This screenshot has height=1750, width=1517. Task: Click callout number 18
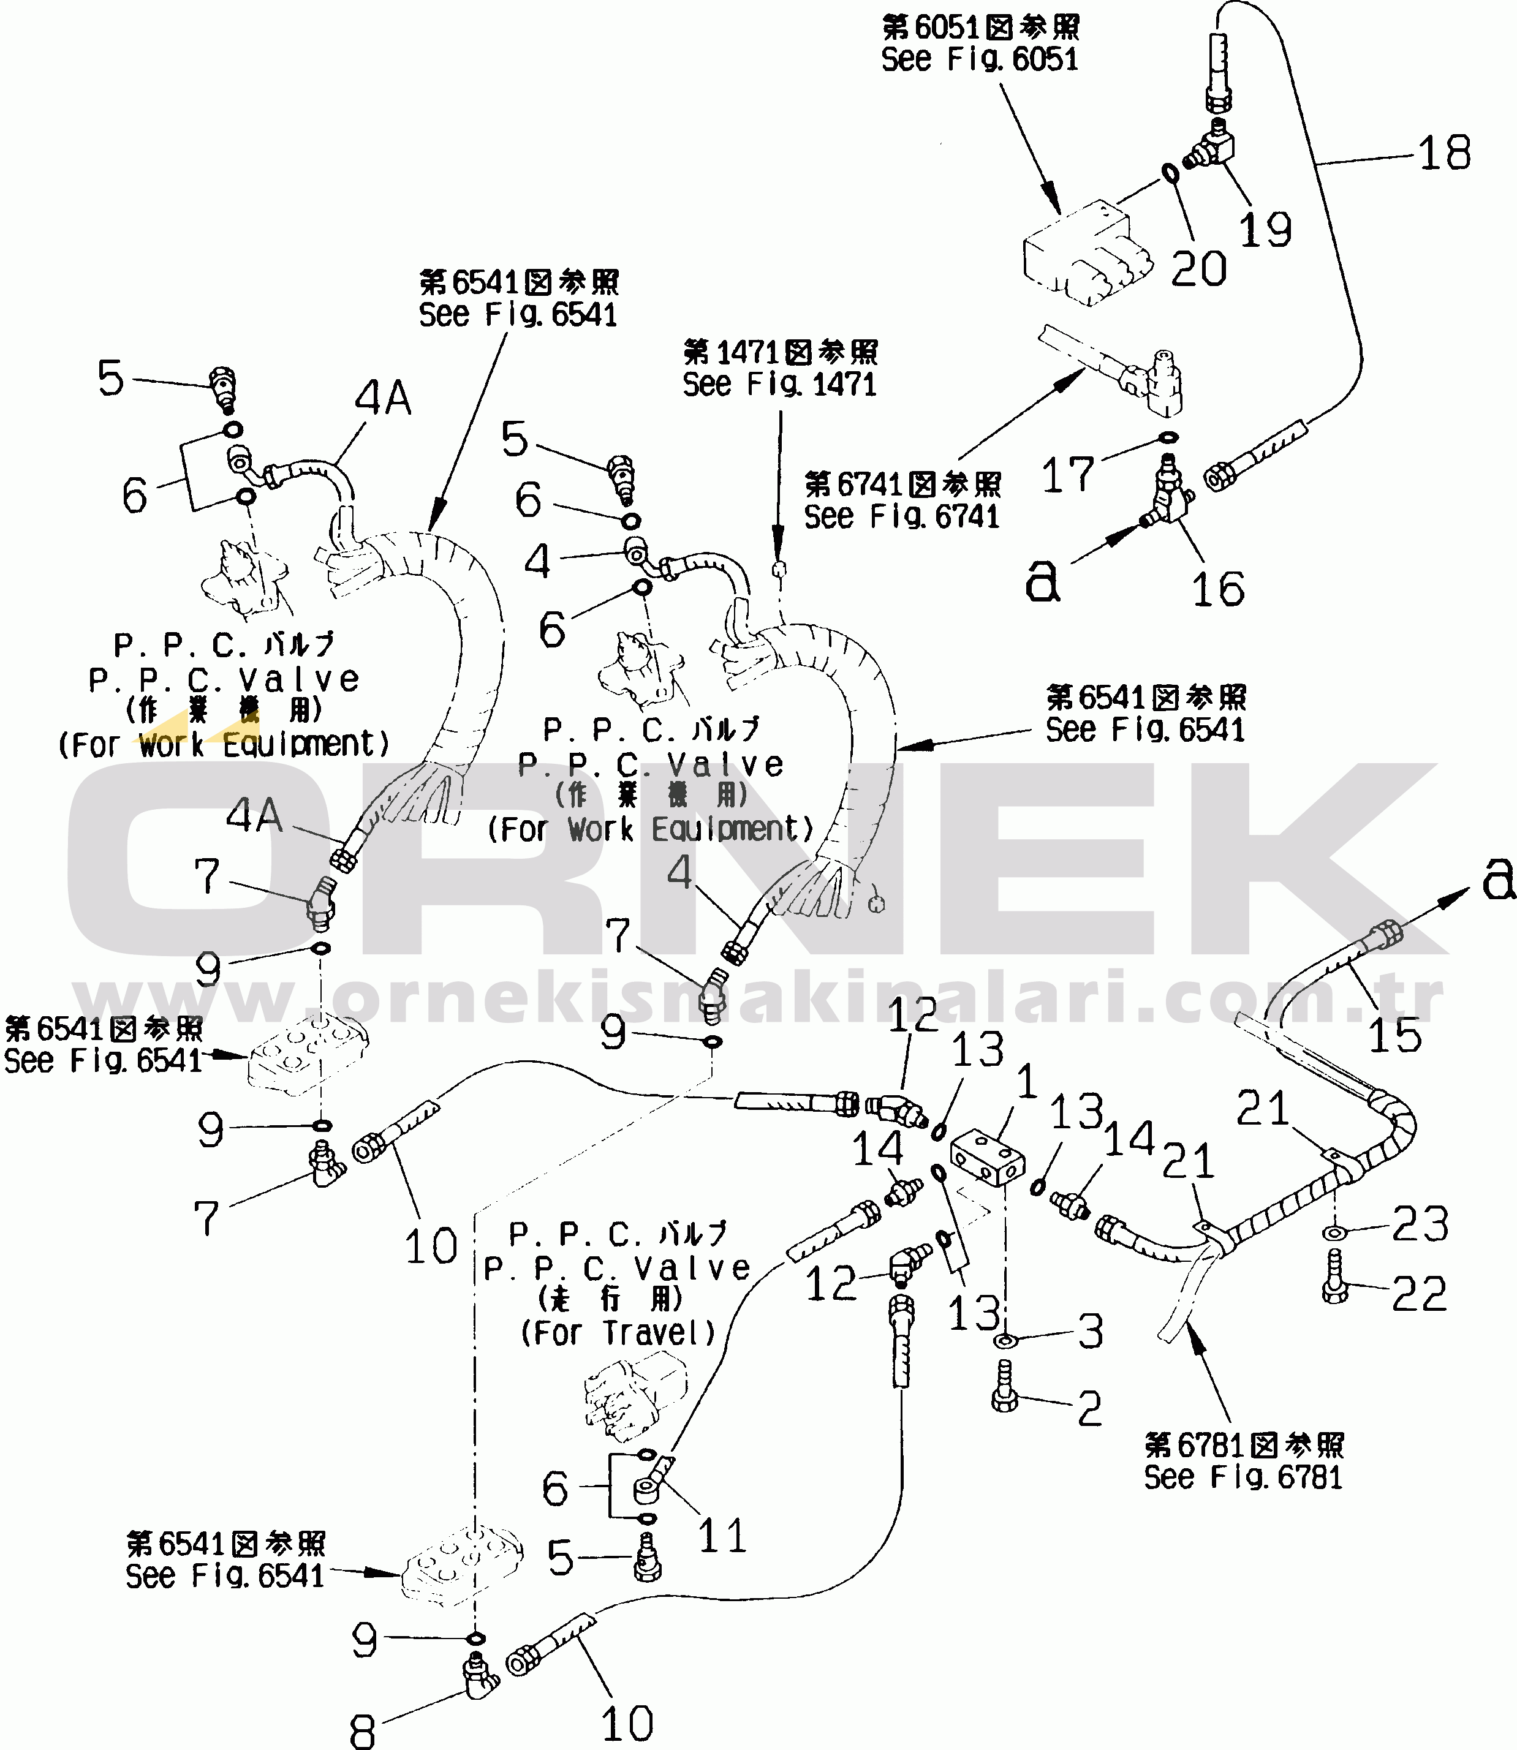click(1444, 153)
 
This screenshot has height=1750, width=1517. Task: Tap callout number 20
click(1198, 268)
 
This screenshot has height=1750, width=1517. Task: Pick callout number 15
click(1395, 1035)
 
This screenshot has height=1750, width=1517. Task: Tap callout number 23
click(1420, 1224)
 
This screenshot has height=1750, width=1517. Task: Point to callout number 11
click(722, 1536)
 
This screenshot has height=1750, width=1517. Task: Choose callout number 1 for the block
click(1026, 1082)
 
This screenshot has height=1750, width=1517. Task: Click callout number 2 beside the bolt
click(1089, 1409)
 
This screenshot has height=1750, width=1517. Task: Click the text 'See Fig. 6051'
click(980, 59)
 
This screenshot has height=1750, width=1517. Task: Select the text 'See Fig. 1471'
click(779, 384)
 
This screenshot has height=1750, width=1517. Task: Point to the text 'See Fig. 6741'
click(902, 516)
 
